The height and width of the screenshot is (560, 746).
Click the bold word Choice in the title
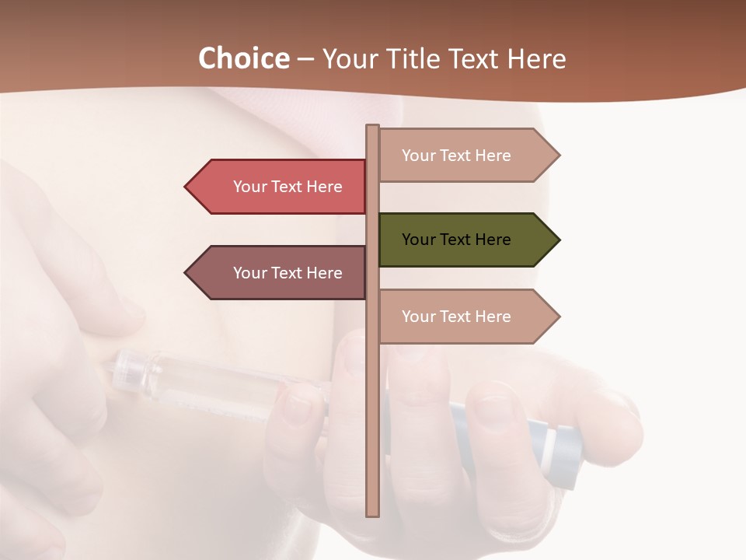point(243,58)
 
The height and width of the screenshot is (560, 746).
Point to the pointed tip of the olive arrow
point(558,240)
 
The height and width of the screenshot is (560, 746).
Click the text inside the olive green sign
point(456,240)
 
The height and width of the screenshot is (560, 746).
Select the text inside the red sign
point(288,187)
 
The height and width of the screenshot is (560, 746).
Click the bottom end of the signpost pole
point(373,513)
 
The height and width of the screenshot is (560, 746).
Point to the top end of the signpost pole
point(373,128)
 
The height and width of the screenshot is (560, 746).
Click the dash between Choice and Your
point(305,59)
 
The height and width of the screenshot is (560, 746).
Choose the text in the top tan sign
point(456,155)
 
